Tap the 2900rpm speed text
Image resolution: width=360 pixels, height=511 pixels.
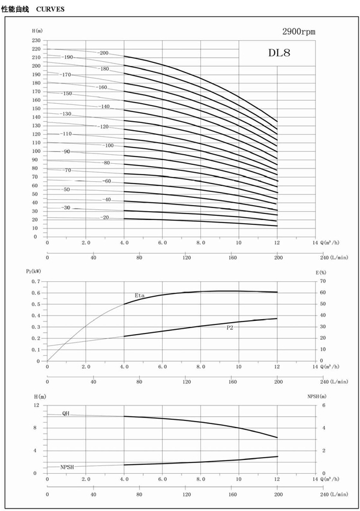pos(299,31)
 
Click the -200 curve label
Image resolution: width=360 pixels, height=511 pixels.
pos(103,53)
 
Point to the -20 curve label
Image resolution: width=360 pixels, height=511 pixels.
pos(105,217)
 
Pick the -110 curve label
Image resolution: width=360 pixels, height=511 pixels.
pos(66,134)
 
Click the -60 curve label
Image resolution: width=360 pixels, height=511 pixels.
pos(107,181)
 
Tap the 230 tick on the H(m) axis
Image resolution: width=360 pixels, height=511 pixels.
pos(37,40)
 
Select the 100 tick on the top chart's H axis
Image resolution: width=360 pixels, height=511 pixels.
pos(37,151)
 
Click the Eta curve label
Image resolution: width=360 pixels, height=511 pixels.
pos(139,295)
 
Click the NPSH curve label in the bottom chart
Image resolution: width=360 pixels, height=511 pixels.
pos(68,467)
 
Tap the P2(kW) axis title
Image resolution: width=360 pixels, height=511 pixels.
pos(35,272)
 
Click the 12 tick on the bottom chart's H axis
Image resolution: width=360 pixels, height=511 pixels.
pos(37,405)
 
